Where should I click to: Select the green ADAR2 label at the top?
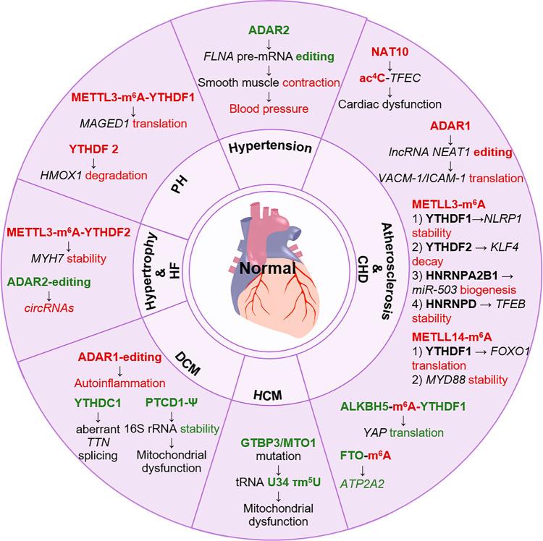271,31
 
